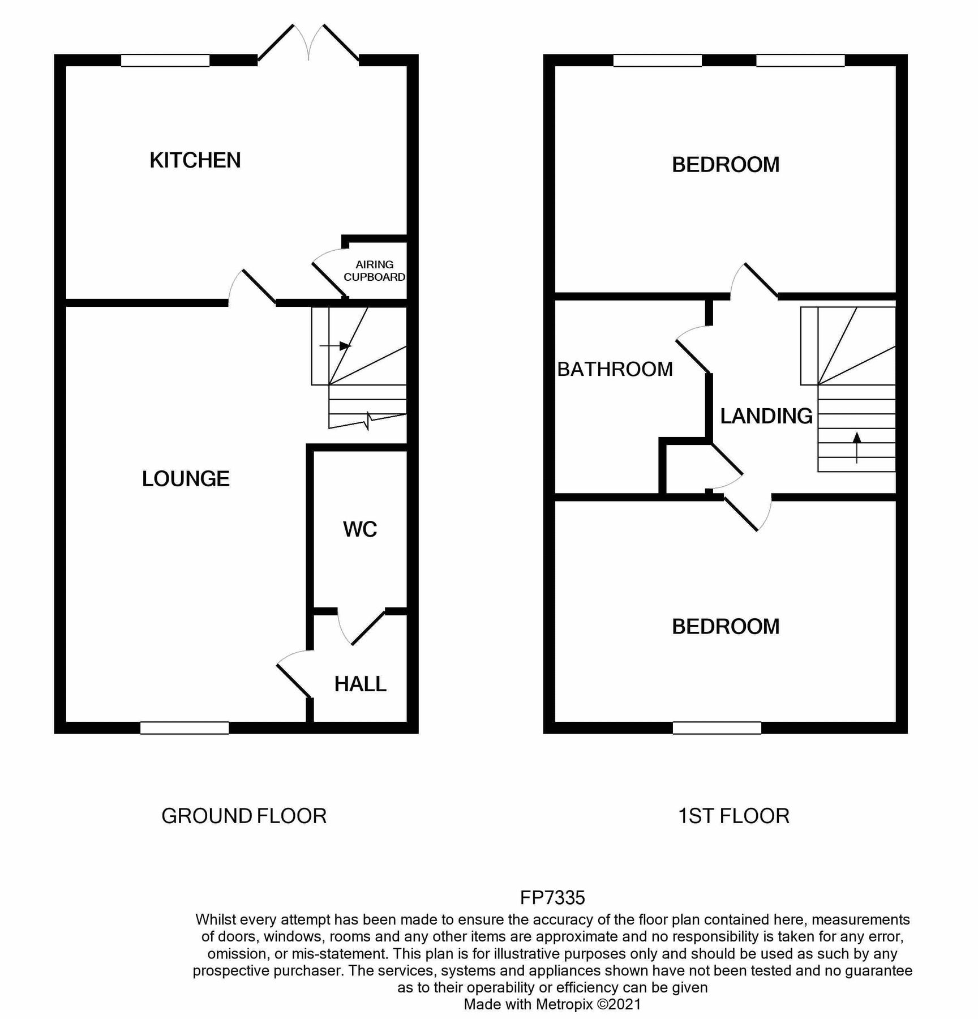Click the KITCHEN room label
click(x=195, y=161)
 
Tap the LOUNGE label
click(x=186, y=479)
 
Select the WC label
click(x=360, y=529)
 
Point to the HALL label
click(x=360, y=684)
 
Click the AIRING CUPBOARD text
click(x=374, y=271)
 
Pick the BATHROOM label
click(x=615, y=369)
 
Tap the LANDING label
click(x=766, y=416)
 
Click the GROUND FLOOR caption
click(x=244, y=816)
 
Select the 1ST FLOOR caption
click(x=733, y=816)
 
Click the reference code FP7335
click(x=552, y=897)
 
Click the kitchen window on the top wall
click(x=165, y=61)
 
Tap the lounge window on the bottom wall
click(x=185, y=728)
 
